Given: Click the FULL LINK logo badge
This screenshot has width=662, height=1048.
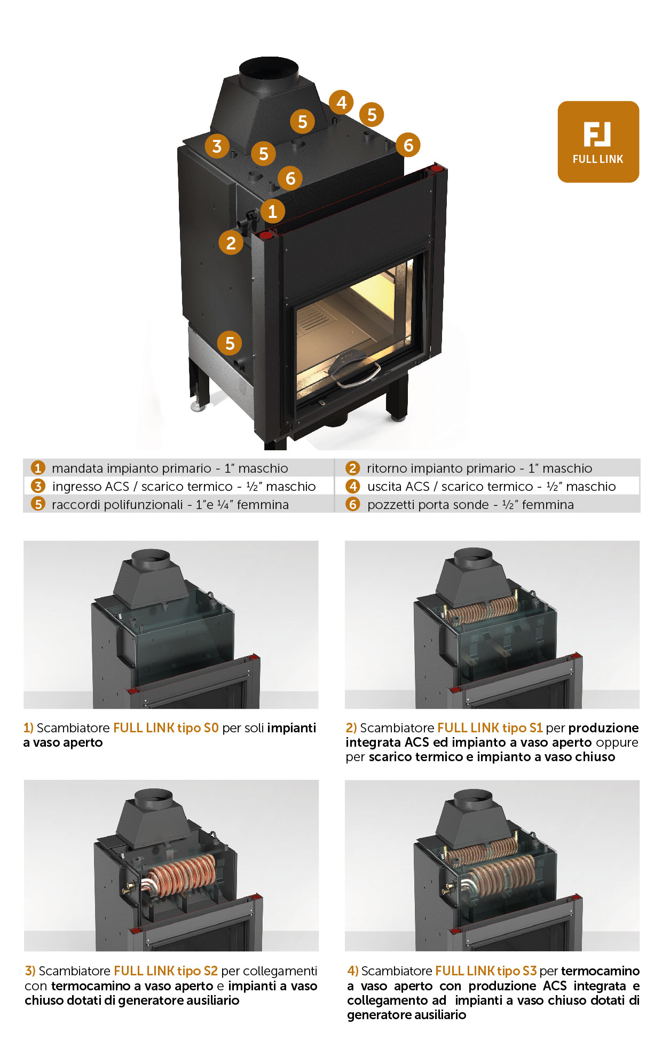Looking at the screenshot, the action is (x=598, y=142).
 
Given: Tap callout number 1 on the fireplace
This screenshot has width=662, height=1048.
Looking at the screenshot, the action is (x=272, y=211).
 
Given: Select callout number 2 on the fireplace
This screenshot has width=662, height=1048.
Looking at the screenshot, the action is (x=231, y=243).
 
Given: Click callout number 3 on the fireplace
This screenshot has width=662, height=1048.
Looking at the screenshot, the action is (x=217, y=146).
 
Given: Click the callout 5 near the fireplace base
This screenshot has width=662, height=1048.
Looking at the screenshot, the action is (x=230, y=343).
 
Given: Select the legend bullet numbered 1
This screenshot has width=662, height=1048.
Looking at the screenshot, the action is (x=37, y=468).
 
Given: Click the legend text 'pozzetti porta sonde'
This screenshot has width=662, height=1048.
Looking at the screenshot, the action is (x=428, y=505).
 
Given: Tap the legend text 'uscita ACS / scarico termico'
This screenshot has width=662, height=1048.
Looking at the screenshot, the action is (x=450, y=487).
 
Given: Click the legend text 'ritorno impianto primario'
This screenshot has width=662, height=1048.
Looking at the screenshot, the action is (x=441, y=468).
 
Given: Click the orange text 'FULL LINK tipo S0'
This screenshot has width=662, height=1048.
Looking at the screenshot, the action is (x=166, y=728).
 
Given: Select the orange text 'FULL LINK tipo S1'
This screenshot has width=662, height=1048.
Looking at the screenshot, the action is (x=490, y=728).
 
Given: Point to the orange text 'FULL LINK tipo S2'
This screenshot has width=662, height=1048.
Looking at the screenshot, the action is (x=166, y=971).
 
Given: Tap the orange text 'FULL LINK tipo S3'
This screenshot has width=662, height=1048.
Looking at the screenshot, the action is (x=486, y=971).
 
